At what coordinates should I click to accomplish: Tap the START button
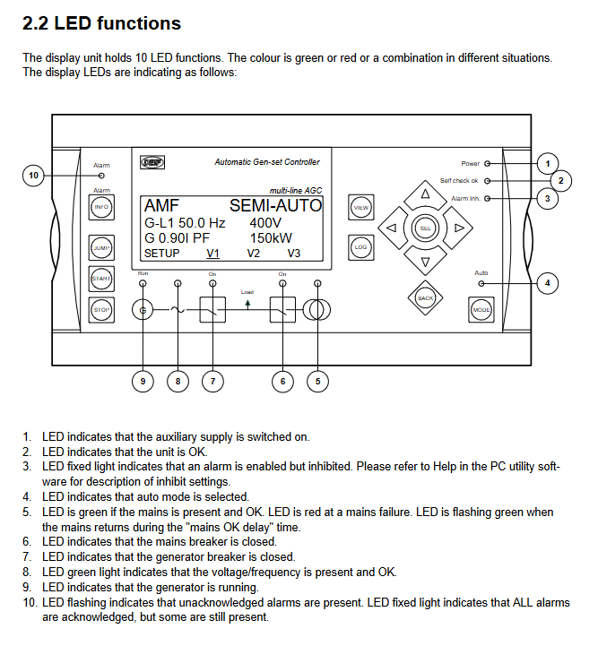101,279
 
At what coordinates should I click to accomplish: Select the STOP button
101,309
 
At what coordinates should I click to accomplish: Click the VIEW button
360,208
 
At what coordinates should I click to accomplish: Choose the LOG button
360,246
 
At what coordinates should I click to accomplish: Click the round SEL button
425,228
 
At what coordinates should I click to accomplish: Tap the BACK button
425,297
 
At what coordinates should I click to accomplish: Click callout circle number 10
33,176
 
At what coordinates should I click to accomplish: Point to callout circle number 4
547,283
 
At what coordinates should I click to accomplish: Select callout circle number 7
212,382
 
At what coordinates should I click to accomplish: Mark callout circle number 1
547,164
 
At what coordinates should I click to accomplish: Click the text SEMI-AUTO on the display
275,206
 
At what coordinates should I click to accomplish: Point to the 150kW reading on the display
271,238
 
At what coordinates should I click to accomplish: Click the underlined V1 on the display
212,254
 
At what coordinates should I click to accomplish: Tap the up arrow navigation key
425,194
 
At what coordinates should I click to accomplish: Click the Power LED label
470,164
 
